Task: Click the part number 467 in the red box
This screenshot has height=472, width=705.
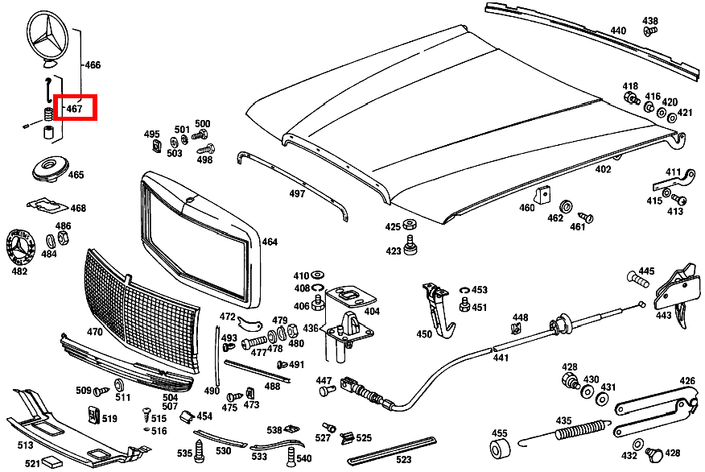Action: point(75,108)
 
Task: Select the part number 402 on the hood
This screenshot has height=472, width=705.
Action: point(603,169)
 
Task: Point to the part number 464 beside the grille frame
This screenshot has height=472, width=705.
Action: point(269,242)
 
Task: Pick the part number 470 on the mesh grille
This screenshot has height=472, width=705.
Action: point(94,331)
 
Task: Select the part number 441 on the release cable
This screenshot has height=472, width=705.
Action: point(501,358)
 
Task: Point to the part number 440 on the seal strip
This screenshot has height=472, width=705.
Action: point(617,31)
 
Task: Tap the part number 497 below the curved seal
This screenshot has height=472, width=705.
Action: point(297,194)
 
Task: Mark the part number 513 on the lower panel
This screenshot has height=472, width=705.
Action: point(25,444)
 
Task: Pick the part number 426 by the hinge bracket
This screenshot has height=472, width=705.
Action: point(686,381)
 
